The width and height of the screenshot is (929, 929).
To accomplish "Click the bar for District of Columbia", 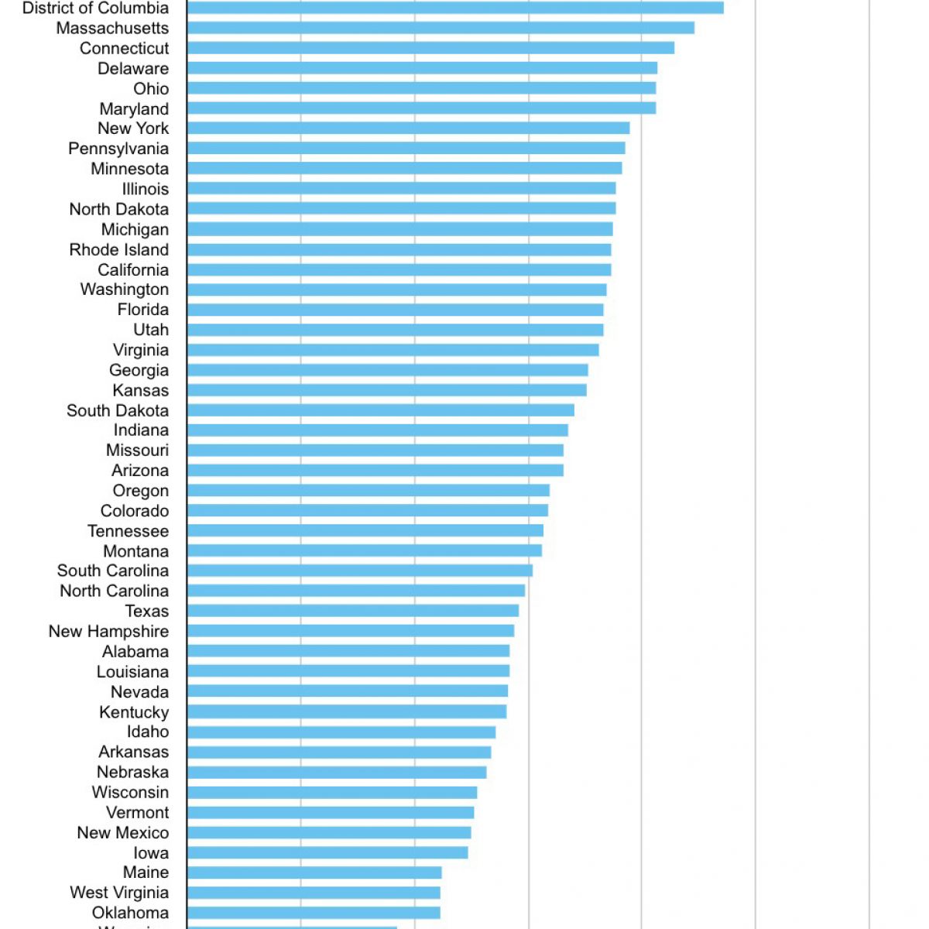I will (455, 8).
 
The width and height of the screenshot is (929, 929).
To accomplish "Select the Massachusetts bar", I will (441, 28).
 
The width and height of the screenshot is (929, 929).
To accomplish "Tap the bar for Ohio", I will (421, 88).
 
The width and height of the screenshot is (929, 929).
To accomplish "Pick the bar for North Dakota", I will (401, 209).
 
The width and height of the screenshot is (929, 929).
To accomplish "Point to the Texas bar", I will (353, 611).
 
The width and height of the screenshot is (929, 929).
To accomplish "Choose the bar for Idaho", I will (341, 732).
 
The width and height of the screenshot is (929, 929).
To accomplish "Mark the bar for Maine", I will (314, 873).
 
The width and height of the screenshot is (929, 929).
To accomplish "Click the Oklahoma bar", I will (314, 914).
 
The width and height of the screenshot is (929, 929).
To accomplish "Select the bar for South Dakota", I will (381, 410).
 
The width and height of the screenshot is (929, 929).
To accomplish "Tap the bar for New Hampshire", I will (351, 631).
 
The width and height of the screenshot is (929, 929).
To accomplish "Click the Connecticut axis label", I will (124, 48).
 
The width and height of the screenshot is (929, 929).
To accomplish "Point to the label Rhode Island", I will (118, 250).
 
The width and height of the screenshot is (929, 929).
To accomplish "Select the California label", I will (133, 270).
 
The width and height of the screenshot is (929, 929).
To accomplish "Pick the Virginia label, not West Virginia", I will (140, 350).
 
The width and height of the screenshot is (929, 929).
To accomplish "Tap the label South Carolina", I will (112, 571).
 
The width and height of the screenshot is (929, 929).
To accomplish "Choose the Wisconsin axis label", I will (130, 792).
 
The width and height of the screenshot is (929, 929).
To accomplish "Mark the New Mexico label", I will (122, 833).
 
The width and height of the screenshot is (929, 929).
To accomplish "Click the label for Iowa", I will (150, 853).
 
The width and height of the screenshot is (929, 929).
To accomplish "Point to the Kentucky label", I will (134, 712).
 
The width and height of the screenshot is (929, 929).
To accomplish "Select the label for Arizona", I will (140, 471).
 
